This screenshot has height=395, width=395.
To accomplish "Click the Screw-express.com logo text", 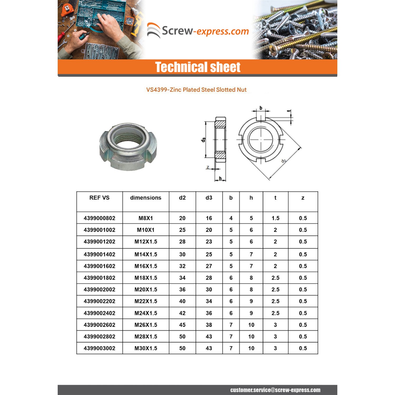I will point(205,31).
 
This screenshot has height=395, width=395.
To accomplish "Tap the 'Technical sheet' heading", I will point(197,67).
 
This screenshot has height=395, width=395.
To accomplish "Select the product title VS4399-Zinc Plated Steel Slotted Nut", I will point(196,90).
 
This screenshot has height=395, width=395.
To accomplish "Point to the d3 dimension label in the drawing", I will point(203,140).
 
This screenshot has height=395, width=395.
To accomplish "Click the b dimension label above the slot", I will point(261,108).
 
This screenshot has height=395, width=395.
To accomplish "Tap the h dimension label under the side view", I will point(220,179).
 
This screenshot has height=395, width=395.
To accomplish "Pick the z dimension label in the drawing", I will point(208,167).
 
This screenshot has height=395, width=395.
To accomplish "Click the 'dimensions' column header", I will point(146,198).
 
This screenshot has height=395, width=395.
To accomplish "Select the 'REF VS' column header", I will point(99,198).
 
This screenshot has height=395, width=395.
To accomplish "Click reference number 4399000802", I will point(99,218).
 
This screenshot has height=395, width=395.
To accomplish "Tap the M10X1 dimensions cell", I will point(146,230).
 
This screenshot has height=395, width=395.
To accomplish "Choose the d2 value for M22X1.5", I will point(182,301).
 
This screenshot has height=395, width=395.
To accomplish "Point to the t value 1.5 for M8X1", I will point(275,218).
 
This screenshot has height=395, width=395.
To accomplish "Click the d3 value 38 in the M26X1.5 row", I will point(209,325).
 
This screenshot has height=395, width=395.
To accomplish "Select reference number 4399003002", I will point(99,348).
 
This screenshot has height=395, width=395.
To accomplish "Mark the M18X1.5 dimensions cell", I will point(146,278).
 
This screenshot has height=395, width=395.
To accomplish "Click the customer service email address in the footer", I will point(275,390).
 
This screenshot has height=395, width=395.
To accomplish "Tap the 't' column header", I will point(275,198).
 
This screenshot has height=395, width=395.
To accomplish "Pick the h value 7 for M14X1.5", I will point(251,254).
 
